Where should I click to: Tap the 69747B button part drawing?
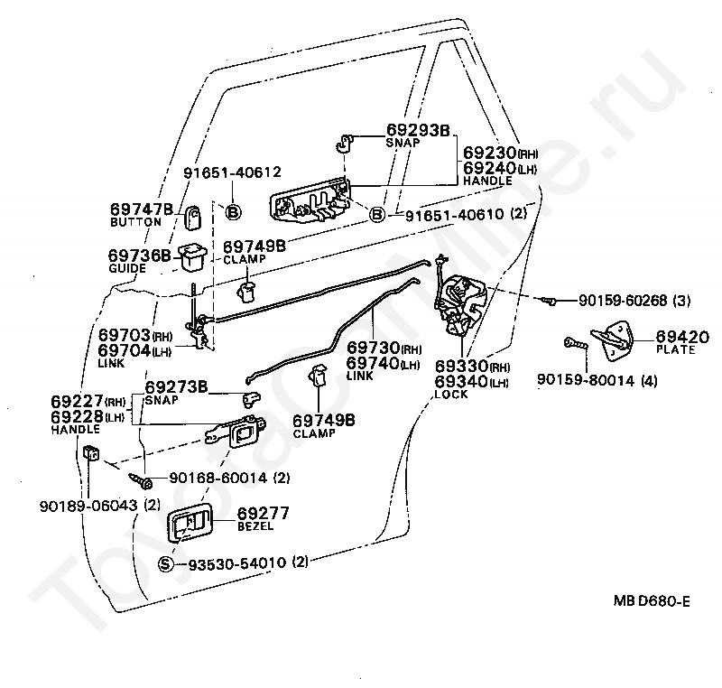[195, 217]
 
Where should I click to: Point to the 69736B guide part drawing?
[191, 258]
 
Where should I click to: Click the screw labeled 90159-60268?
[548, 301]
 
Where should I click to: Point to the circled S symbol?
[165, 563]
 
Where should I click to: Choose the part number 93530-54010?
[236, 563]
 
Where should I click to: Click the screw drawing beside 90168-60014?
[138, 476]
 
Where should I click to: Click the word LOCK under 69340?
[450, 395]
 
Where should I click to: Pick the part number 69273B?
[176, 387]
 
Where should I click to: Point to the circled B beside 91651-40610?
[377, 215]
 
